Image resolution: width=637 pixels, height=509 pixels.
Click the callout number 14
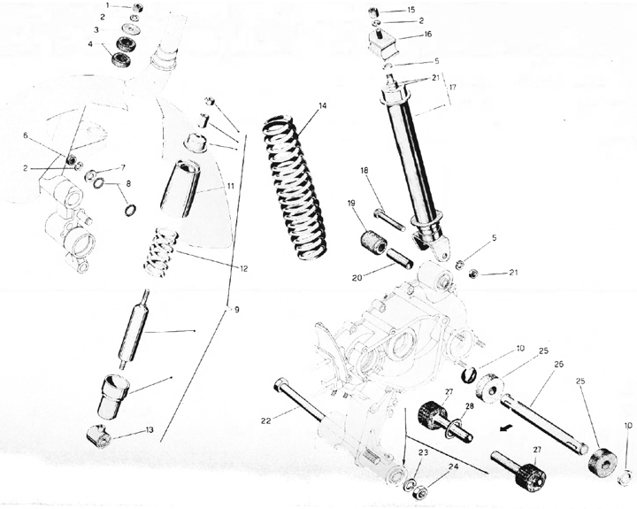tap(322, 105)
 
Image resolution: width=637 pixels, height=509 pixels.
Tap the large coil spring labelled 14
tap(295, 189)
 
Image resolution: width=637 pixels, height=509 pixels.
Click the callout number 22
tap(265, 421)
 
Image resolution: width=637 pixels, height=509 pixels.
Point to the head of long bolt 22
tap(280, 383)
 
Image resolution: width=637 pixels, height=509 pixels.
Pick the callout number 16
tap(428, 35)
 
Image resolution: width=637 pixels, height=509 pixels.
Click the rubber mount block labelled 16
tap(383, 44)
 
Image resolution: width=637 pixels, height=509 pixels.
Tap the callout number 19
tap(352, 203)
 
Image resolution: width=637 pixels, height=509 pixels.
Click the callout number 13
tap(150, 429)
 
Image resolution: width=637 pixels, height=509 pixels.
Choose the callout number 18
tap(365, 170)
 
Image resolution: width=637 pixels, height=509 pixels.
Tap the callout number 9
tap(236, 310)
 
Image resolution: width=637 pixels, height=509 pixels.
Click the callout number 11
tap(231, 186)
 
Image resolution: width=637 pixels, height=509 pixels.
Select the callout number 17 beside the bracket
tap(453, 87)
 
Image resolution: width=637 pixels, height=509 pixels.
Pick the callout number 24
tap(454, 467)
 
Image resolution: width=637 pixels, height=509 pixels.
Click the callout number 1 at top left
tap(108, 5)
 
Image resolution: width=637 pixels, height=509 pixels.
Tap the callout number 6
tap(26, 135)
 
